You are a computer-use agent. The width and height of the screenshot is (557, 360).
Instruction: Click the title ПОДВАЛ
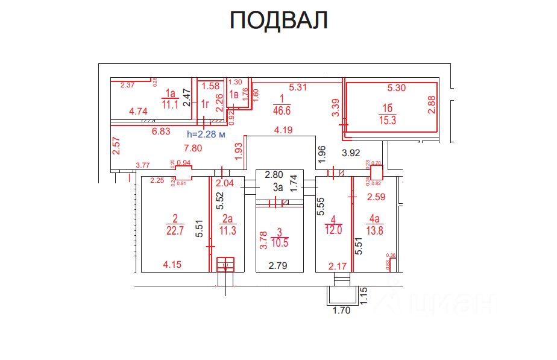pyautogui.click(x=278, y=21)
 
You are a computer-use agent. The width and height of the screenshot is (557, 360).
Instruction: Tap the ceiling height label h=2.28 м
pyautogui.click(x=206, y=134)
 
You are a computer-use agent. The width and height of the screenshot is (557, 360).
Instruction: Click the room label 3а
pyautogui.click(x=277, y=188)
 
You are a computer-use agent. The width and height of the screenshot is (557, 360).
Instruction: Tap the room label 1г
pyautogui.click(x=205, y=105)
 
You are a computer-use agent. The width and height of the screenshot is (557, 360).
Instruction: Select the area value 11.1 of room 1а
pyautogui.click(x=170, y=104)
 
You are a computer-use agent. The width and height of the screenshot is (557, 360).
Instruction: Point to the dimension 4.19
pyautogui.click(x=284, y=130)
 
